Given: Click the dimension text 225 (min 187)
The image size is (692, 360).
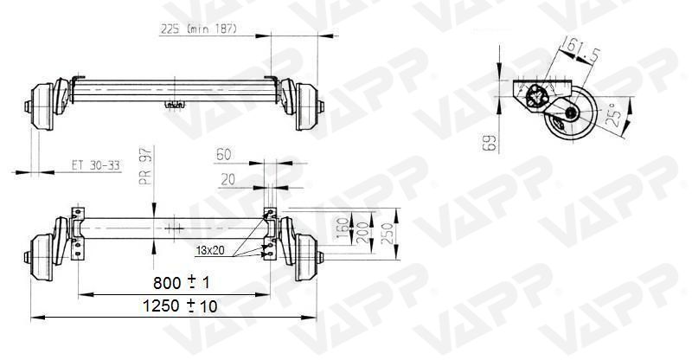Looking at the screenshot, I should (x=198, y=28).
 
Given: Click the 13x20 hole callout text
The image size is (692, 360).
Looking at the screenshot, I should (x=210, y=250).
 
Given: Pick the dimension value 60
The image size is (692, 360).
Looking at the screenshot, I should (x=224, y=155).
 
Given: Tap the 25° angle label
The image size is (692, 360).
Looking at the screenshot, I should (x=616, y=116).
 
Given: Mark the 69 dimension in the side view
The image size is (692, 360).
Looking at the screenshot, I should (x=490, y=140).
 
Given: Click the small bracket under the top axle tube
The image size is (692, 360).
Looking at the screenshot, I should (x=176, y=105).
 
